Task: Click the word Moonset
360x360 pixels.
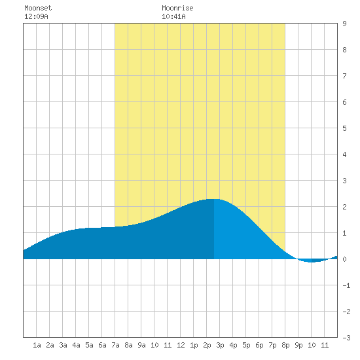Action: tap(38, 8)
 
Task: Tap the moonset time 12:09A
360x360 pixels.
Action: tap(36, 16)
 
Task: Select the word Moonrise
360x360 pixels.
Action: tap(177, 8)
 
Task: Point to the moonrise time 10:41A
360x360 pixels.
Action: tap(173, 16)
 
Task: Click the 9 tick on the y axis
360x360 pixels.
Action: tap(344, 24)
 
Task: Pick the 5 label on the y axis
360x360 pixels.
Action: tap(344, 128)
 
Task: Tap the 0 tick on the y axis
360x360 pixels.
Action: tap(344, 259)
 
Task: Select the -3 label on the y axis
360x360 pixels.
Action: tap(346, 338)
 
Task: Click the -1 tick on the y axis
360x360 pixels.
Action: tap(346, 285)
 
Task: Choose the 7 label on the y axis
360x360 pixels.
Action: tap(344, 76)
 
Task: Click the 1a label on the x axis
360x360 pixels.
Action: tap(37, 345)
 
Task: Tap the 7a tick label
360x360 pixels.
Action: tap(115, 345)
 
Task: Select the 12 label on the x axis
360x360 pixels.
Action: tap(181, 345)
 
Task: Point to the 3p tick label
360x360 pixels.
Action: tap(220, 345)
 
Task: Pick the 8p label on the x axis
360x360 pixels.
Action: tap(285, 345)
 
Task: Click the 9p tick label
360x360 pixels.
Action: tap(298, 345)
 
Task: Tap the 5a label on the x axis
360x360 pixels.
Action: tap(89, 345)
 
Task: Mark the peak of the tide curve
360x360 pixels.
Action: tap(214, 199)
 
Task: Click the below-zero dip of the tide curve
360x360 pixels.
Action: tap(312, 262)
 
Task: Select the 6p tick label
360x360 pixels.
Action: tap(259, 345)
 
